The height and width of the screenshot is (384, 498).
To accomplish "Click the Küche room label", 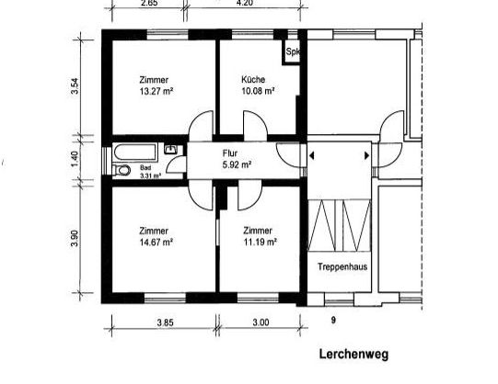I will click(x=254, y=80).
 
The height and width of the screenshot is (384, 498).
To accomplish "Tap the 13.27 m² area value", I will click(x=156, y=92).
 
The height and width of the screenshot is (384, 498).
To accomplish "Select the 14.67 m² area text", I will click(x=156, y=242).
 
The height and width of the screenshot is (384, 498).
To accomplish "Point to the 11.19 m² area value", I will click(x=261, y=242).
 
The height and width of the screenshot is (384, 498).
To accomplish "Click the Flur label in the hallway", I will click(x=230, y=153).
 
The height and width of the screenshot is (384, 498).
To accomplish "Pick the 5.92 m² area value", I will click(x=237, y=164).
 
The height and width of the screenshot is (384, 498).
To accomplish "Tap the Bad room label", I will click(x=145, y=169).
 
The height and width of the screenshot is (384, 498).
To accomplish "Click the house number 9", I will click(x=332, y=320).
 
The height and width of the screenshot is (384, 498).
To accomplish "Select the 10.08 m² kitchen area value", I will click(x=257, y=92).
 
